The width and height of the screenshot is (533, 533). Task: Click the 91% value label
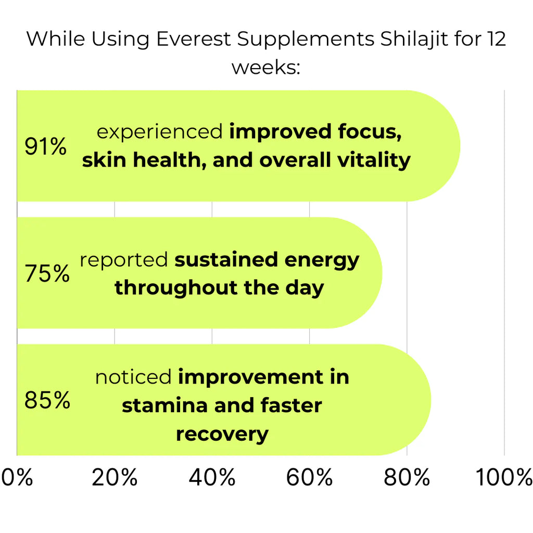pyautogui.click(x=46, y=147)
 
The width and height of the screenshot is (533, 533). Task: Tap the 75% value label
pyautogui.click(x=47, y=274)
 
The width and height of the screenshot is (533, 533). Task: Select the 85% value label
pyautogui.click(x=47, y=401)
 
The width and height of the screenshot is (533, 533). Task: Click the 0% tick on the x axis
pyautogui.click(x=18, y=477)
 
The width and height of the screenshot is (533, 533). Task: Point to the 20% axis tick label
pyautogui.click(x=115, y=477)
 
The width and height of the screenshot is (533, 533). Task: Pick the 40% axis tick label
pyautogui.click(x=212, y=477)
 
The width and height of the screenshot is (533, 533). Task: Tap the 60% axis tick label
pyautogui.click(x=309, y=477)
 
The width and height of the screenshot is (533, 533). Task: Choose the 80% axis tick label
pyautogui.click(x=407, y=477)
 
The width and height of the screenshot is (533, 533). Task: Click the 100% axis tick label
pyautogui.click(x=504, y=477)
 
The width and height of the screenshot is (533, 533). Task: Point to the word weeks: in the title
pyautogui.click(x=265, y=68)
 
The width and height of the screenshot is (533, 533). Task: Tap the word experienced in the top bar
pyautogui.click(x=160, y=132)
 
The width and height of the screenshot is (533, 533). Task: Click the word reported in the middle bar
pyautogui.click(x=124, y=260)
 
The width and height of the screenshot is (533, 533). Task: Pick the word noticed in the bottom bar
pyautogui.click(x=133, y=377)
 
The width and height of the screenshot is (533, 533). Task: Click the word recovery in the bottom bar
pyautogui.click(x=222, y=434)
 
